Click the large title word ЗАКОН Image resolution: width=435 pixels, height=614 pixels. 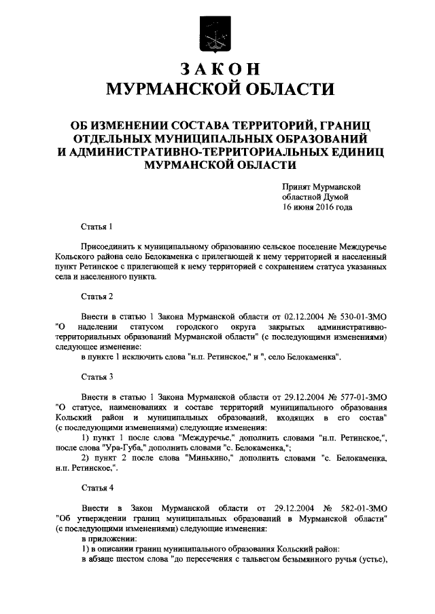pos(217,70)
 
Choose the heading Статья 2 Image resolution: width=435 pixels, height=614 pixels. pos(97,296)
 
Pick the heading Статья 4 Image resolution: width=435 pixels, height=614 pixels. pos(97,487)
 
